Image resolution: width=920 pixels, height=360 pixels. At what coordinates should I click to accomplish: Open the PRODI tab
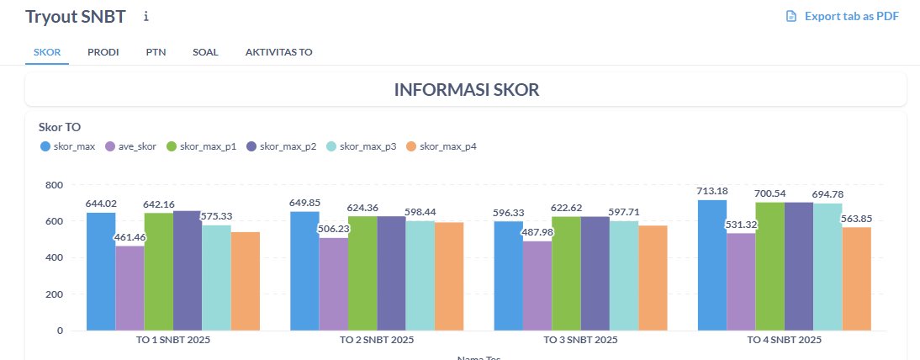103,52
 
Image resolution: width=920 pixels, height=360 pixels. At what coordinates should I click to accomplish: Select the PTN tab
156,52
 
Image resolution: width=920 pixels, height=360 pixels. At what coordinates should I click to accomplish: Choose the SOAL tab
205,52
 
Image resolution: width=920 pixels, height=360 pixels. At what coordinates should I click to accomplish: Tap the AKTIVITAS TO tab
278,52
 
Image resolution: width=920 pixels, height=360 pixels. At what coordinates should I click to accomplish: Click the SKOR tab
47,52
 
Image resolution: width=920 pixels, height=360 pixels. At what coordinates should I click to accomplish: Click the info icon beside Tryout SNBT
146,16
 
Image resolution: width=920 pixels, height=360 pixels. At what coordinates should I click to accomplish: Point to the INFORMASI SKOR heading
466,89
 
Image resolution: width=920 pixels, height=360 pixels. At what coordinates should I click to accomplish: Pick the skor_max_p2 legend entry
281,147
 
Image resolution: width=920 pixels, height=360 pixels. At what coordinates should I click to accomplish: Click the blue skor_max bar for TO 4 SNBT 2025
711,265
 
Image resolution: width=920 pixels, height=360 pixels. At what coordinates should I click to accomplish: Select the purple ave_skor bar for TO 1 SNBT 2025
130,288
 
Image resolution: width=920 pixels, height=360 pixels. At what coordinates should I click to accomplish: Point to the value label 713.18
712,191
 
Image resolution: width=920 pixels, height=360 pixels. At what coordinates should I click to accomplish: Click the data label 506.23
334,228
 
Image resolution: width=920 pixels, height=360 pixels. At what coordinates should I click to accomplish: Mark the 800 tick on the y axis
54,185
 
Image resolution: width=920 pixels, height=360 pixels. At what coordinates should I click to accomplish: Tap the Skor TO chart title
60,128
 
